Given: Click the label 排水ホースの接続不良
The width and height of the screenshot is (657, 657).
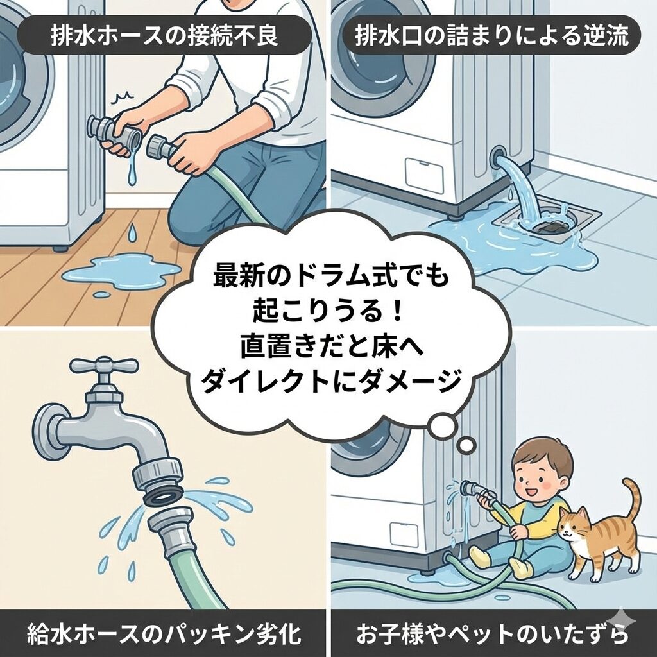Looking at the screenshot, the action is click(164, 35).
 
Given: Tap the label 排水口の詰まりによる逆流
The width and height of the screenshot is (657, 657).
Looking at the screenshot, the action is click(491, 35).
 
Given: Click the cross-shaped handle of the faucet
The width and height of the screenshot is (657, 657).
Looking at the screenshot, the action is click(103, 366).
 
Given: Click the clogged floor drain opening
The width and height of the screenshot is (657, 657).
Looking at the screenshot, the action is click(550, 227).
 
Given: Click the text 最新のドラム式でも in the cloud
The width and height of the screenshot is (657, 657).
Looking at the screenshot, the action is click(330, 276).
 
